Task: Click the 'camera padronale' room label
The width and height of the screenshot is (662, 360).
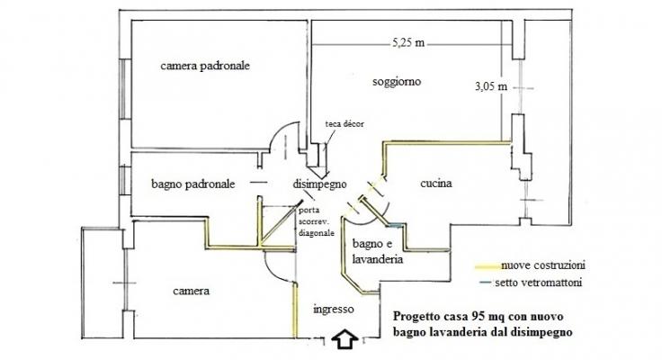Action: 205,66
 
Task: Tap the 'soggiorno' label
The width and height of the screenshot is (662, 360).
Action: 397,82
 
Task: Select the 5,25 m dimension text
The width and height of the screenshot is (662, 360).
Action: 408,42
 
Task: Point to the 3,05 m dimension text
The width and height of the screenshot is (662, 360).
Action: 491,86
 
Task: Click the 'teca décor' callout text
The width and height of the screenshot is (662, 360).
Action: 344,124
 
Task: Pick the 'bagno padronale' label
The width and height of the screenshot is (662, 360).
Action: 193,184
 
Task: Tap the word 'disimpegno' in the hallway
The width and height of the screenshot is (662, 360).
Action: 319,184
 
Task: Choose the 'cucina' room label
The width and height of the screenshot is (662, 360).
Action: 436,183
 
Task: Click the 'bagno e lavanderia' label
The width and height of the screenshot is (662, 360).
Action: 378,251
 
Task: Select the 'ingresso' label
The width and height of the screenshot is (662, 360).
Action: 334,310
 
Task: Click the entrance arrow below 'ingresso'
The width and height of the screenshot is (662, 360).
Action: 345,339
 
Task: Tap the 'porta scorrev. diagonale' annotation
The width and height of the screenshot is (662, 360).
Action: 317,221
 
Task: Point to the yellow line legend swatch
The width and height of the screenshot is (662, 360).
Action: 488,266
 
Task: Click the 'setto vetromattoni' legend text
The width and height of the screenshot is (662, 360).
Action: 538,283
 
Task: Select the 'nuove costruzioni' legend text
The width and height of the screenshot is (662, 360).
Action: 543,265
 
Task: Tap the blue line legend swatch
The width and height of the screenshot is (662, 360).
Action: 486,282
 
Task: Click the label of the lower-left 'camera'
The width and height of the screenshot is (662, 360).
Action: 191,291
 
